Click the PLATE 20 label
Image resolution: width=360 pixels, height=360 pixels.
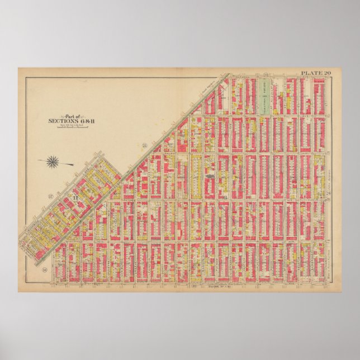click(x=316, y=73)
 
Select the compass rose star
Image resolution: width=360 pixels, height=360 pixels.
click(x=54, y=162)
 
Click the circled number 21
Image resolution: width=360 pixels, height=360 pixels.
click(x=144, y=146)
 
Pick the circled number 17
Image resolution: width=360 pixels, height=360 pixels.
click(x=50, y=196)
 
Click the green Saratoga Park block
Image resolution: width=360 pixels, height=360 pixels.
click(x=266, y=98)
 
